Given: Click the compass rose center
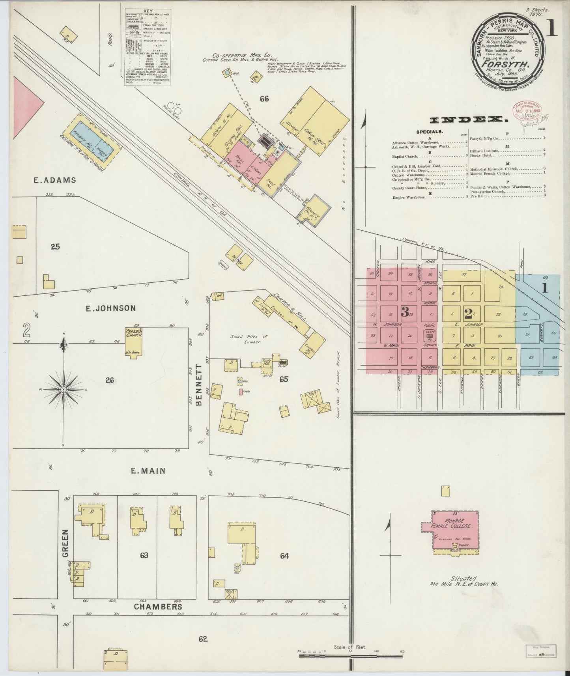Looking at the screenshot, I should tap(63, 390).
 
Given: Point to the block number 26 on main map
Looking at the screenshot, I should tap(110, 380).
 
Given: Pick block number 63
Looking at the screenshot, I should tap(144, 555).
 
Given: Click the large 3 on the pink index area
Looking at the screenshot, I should tap(405, 312).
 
